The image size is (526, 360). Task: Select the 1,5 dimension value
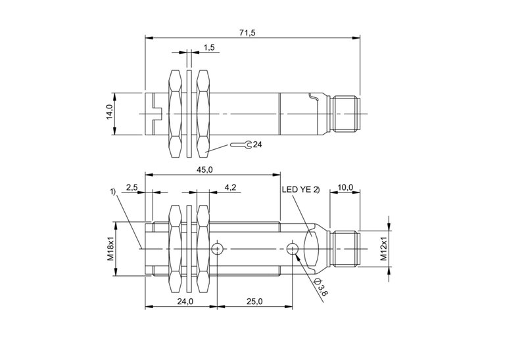point(209,47)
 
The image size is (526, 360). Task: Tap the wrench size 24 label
point(257,145)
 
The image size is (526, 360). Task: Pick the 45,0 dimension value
point(204,169)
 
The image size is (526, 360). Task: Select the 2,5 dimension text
point(132,188)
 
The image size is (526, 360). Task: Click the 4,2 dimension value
point(231,188)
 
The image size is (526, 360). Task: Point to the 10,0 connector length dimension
point(346,187)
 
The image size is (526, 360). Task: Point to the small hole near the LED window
point(293,248)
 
